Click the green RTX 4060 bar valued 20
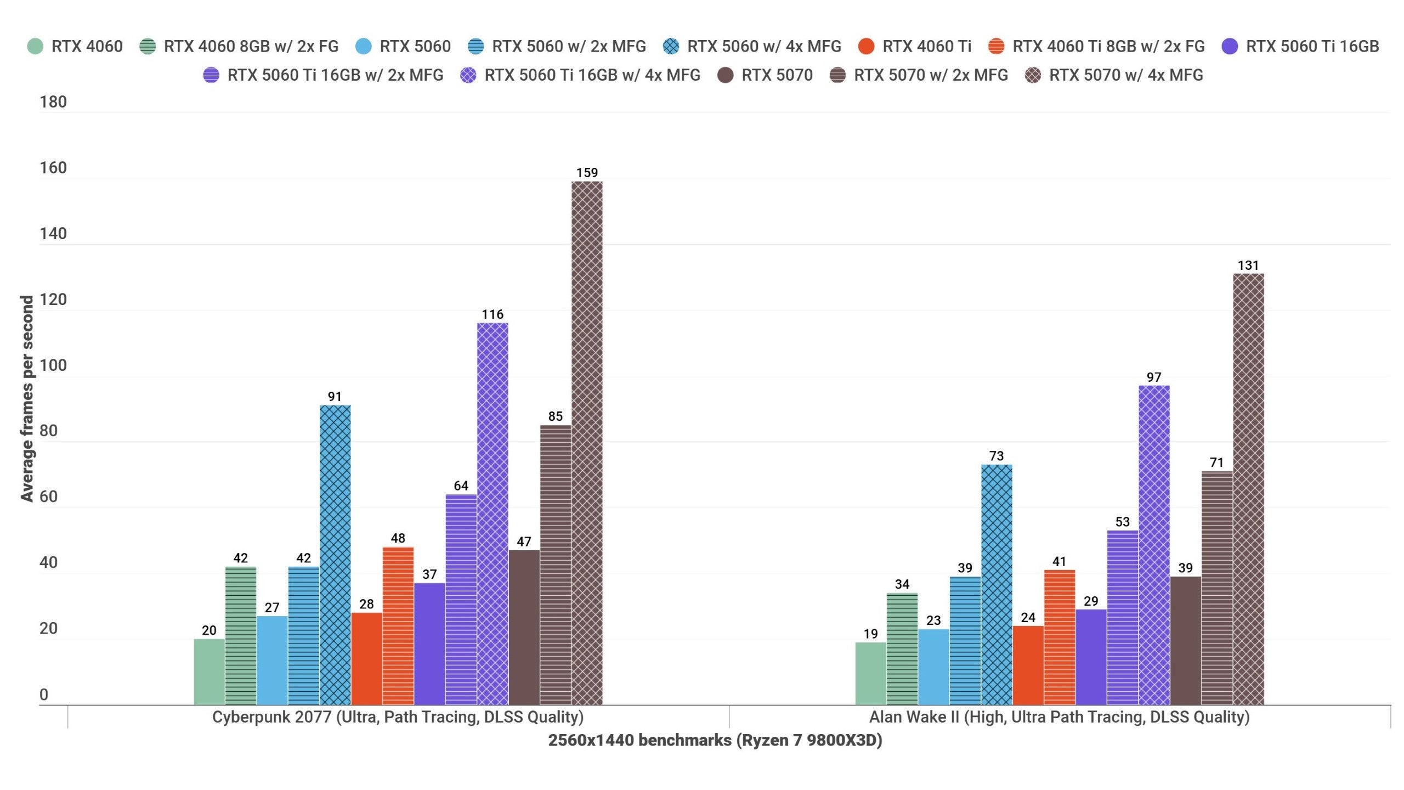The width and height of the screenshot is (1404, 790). [x=209, y=672]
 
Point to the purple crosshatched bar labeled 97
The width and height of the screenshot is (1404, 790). [x=1154, y=545]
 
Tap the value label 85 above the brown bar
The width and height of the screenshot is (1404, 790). [x=556, y=416]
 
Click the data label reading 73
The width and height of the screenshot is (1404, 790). [x=997, y=456]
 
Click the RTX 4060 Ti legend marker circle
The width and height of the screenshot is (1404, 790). [x=866, y=47]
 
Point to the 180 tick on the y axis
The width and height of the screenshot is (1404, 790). [x=53, y=102]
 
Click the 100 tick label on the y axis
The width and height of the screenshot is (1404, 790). [x=53, y=365]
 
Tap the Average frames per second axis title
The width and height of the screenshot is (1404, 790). [x=27, y=399]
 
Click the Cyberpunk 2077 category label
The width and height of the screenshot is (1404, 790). [x=398, y=717]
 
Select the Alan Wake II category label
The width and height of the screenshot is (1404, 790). [x=1059, y=717]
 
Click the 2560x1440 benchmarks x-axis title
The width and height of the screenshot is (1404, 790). [x=715, y=741]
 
